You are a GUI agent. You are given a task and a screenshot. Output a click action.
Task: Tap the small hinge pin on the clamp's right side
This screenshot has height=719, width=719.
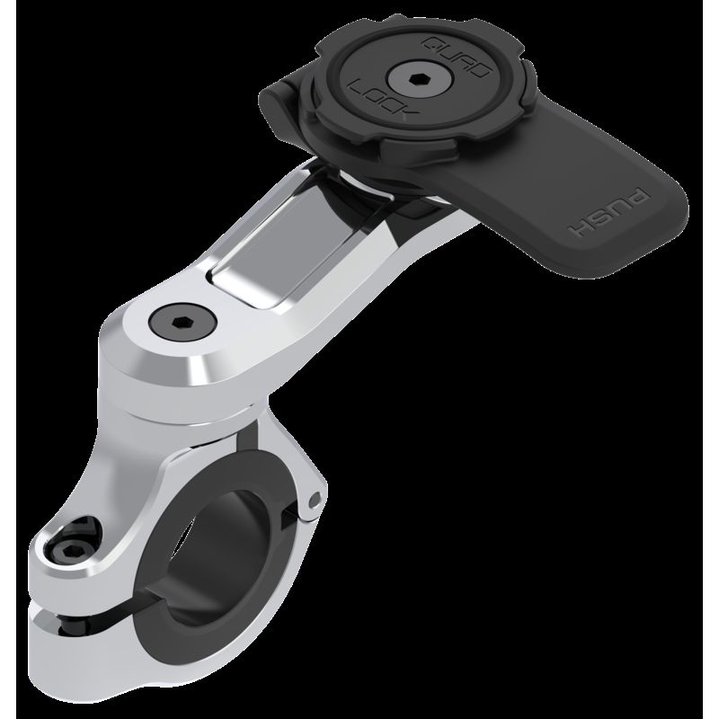point(313,496)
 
